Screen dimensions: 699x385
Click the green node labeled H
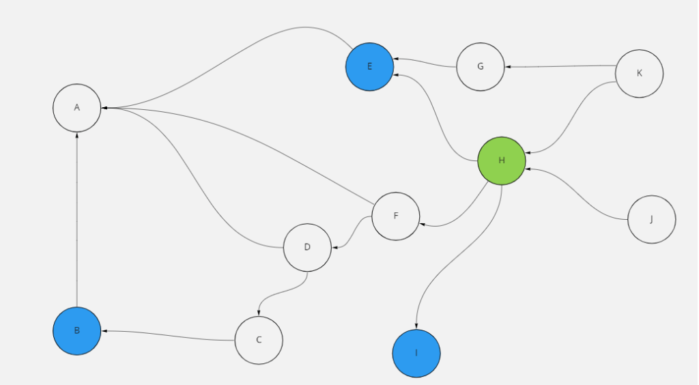(x=502, y=161)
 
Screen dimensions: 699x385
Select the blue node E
(x=369, y=66)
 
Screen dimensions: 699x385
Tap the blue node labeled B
(x=77, y=331)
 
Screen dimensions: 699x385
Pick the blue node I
(x=416, y=354)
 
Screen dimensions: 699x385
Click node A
(x=77, y=108)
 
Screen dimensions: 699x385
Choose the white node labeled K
(x=639, y=74)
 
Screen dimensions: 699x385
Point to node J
(x=651, y=220)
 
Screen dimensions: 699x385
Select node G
(x=481, y=67)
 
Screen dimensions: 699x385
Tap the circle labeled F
(x=396, y=216)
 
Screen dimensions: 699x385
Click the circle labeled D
(x=307, y=247)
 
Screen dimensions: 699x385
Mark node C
(x=259, y=340)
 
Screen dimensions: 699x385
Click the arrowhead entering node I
(x=416, y=326)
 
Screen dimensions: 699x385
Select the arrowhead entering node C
(x=259, y=313)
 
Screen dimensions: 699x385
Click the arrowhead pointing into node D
(x=334, y=246)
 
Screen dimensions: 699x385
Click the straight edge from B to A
(x=77, y=218)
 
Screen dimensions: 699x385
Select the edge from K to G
(x=560, y=66)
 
